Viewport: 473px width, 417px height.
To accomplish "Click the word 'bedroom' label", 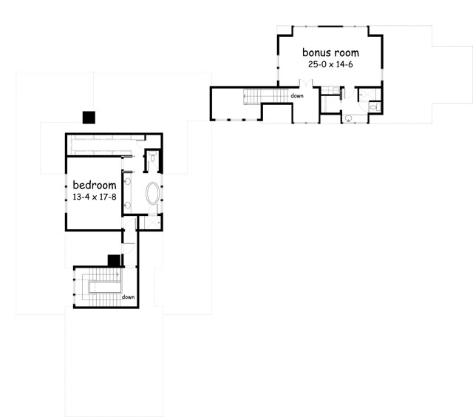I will tap(94, 185).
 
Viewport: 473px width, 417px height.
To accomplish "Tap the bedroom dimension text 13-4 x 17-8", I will tap(94, 197).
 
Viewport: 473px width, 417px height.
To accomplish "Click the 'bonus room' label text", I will tap(330, 53).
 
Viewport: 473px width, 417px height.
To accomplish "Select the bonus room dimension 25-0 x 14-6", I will tap(330, 65).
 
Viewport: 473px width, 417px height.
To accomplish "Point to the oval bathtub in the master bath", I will tap(153, 194).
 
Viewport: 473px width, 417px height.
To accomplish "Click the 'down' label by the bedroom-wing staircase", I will tap(129, 297).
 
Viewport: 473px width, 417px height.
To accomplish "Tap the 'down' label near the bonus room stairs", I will tap(297, 96).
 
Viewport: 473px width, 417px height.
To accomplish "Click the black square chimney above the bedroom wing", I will tap(89, 117).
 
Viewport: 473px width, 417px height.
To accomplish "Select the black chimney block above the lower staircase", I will tap(114, 260).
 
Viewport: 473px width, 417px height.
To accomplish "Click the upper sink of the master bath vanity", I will tap(127, 180).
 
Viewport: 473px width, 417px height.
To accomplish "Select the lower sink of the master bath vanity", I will tap(127, 205).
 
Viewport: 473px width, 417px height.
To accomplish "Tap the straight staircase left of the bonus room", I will tap(259, 95).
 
